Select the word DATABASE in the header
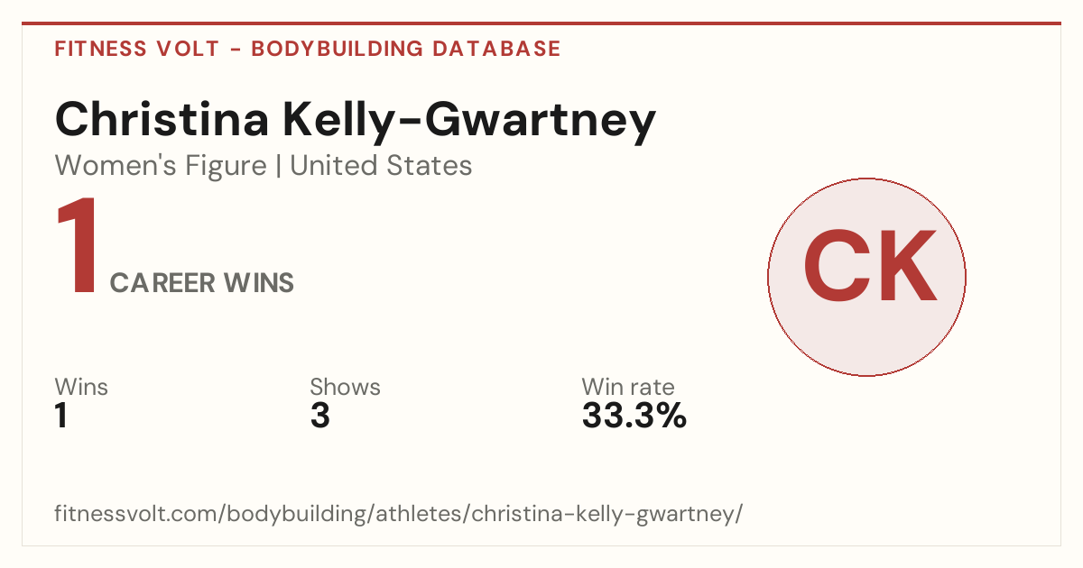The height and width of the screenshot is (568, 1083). [x=496, y=49]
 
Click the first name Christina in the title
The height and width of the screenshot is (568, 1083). [x=162, y=119]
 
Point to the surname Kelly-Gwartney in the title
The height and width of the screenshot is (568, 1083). [x=469, y=123]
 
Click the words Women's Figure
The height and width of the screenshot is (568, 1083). [x=161, y=165]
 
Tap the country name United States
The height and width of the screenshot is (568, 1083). [x=381, y=165]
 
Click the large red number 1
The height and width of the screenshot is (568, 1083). [x=78, y=245]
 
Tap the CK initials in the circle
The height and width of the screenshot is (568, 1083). [x=870, y=266]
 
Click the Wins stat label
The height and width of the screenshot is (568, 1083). [x=81, y=387]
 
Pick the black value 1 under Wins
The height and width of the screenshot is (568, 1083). [x=61, y=415]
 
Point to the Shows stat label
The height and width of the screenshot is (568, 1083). [x=345, y=387]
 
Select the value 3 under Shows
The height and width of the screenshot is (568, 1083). [x=320, y=415]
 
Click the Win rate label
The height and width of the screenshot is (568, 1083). [x=628, y=387]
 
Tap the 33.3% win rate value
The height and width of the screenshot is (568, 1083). [x=634, y=415]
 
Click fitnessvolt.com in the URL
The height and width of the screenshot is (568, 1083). [x=136, y=513]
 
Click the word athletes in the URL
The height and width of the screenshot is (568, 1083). [x=419, y=513]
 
